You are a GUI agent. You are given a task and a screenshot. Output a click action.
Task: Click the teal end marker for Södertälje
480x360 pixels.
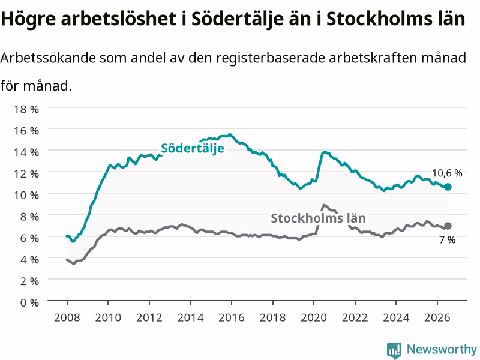click(448, 187)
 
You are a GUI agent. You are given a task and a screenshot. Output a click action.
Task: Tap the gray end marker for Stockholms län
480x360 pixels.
click(448, 226)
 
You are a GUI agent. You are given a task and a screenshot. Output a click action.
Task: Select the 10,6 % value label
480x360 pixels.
click(447, 173)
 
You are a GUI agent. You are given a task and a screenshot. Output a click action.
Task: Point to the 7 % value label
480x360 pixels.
click(447, 239)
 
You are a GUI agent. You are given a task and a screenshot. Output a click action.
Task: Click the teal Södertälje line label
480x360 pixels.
click(193, 149)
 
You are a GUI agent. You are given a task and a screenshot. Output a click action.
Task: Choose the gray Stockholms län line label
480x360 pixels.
click(318, 218)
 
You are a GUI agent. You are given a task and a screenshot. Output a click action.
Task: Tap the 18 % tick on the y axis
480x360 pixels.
click(26, 109)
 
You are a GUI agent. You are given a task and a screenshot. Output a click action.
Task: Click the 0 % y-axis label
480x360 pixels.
click(29, 302)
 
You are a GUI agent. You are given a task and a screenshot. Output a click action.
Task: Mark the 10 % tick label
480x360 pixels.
click(26, 195)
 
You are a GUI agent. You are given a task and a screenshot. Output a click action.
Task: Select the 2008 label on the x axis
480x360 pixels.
click(67, 317)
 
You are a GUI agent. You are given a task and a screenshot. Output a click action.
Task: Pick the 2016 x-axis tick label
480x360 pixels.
click(232, 317)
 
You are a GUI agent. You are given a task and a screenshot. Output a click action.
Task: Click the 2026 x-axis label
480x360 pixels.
click(437, 317)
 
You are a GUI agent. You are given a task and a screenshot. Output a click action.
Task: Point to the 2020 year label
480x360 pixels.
click(314, 317)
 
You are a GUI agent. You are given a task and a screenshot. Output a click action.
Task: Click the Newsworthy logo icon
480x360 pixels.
click(394, 350)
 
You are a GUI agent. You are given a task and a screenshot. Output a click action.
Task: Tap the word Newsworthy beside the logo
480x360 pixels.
click(442, 349)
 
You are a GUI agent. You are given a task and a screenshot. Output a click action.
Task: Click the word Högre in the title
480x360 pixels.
click(28, 19)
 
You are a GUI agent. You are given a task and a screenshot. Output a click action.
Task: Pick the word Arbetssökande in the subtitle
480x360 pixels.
click(48, 58)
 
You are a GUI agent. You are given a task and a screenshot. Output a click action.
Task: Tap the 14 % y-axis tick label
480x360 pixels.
click(26, 152)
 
